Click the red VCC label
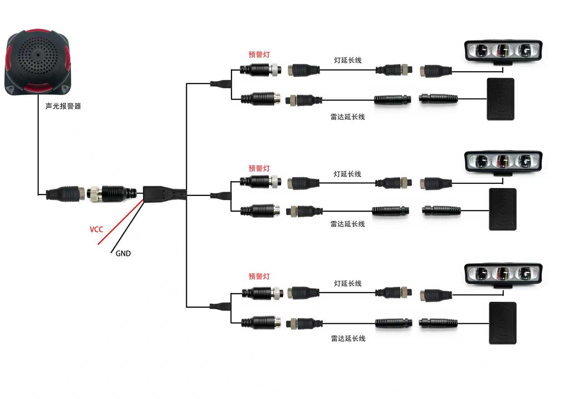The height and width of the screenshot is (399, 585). click(x=96, y=229)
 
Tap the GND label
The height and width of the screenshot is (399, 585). click(x=123, y=253)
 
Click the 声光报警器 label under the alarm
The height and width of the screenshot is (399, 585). click(x=63, y=106)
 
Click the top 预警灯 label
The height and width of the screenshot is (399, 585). click(x=259, y=55)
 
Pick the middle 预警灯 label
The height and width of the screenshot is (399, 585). click(x=259, y=168)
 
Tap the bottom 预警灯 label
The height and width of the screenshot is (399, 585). click(x=259, y=276)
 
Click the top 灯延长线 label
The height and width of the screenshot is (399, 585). click(x=348, y=60)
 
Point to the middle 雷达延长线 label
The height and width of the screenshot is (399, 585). click(x=348, y=224)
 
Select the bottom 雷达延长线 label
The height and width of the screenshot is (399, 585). click(x=348, y=338)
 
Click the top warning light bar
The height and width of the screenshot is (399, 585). click(x=503, y=51)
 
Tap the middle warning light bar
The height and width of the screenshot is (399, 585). click(x=503, y=162)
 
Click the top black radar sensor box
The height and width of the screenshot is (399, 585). click(x=500, y=99)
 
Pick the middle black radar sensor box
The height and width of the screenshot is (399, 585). click(x=503, y=209)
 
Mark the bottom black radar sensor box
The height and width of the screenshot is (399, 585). click(x=503, y=323)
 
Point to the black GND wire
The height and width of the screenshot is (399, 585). click(x=127, y=227)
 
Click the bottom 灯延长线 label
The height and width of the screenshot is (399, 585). click(x=348, y=283)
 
